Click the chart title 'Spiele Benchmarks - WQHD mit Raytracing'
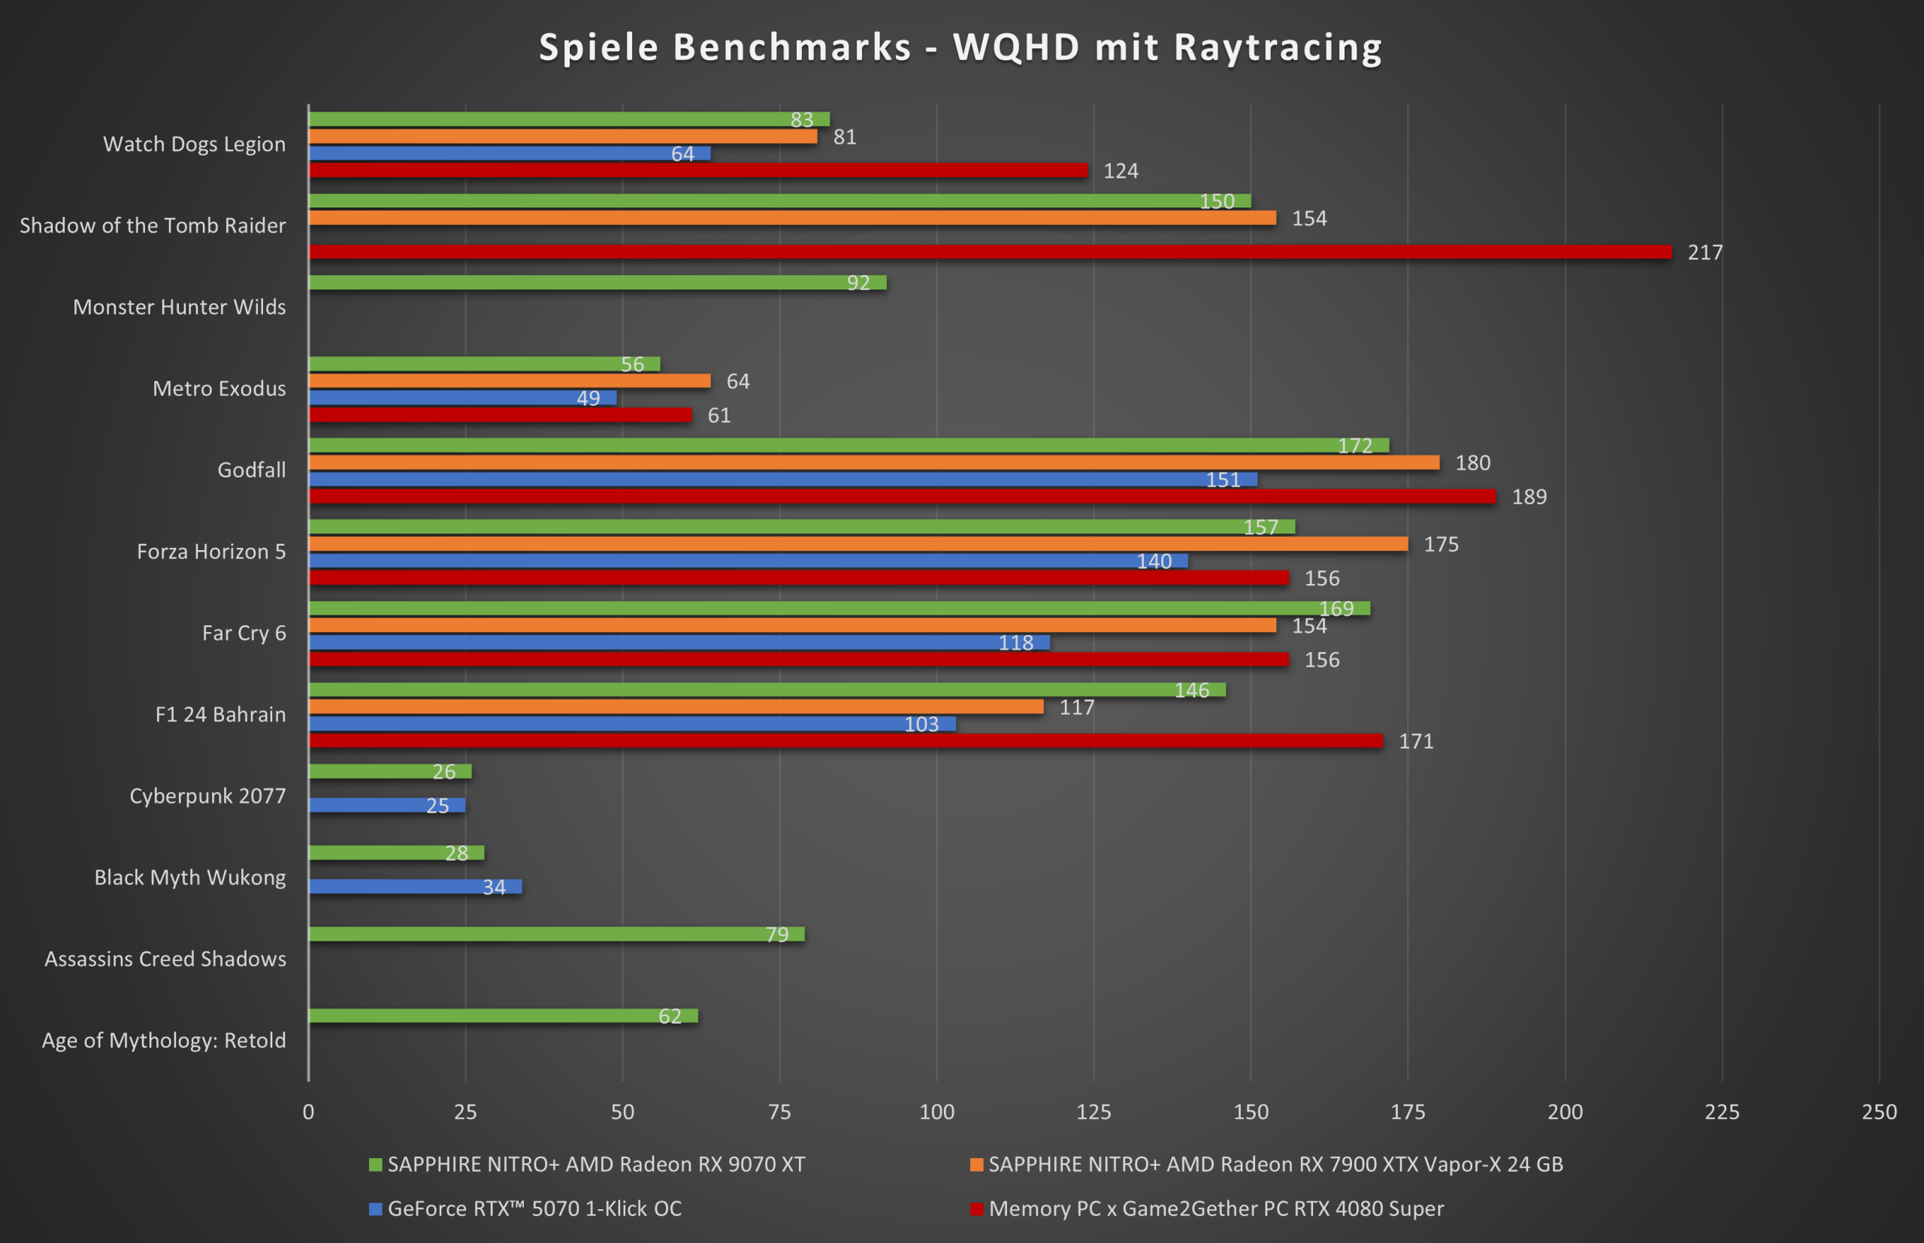pyautogui.click(x=960, y=47)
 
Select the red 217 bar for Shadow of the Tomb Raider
pyautogui.click(x=990, y=252)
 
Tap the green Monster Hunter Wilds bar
pyautogui.click(x=597, y=283)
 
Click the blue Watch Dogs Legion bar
pyautogui.click(x=510, y=153)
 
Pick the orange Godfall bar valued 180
pyautogui.click(x=873, y=462)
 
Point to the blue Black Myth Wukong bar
pyautogui.click(x=415, y=886)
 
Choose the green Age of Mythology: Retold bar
pyautogui.click(x=503, y=1015)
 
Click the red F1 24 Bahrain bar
pyautogui.click(x=845, y=740)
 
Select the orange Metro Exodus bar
pyautogui.click(x=510, y=381)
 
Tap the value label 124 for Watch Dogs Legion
pyautogui.click(x=1120, y=171)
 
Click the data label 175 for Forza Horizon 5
pyautogui.click(x=1441, y=545)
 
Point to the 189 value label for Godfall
pyautogui.click(x=1529, y=498)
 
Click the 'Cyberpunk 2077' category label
pyautogui.click(x=207, y=796)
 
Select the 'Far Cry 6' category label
pyautogui.click(x=244, y=633)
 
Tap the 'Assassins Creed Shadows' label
pyautogui.click(x=165, y=959)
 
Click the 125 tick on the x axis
pyautogui.click(x=1094, y=1112)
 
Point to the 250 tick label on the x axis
pyautogui.click(x=1879, y=1112)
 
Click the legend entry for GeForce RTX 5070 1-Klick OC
pyautogui.click(x=534, y=1208)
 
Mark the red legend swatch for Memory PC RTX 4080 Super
pyautogui.click(x=976, y=1208)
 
